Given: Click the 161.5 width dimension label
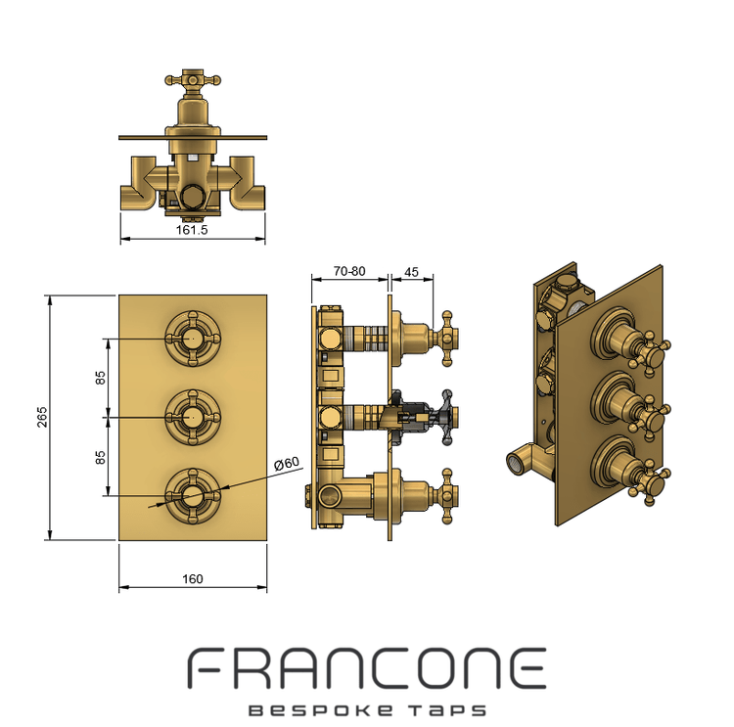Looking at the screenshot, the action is (x=192, y=230).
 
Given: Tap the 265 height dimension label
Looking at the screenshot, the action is (x=42, y=417).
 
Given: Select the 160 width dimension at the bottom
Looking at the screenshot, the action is (x=193, y=579).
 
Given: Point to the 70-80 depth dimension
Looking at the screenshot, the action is (x=349, y=271).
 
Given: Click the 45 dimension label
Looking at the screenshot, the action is (x=411, y=272).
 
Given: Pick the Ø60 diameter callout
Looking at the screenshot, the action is (x=287, y=464).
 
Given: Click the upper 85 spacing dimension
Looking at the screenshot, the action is (x=100, y=378).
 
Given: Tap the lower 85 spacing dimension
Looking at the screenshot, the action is (x=100, y=457).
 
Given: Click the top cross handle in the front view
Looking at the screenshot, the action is (x=193, y=338).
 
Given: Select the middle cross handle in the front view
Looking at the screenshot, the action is (x=193, y=417).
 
